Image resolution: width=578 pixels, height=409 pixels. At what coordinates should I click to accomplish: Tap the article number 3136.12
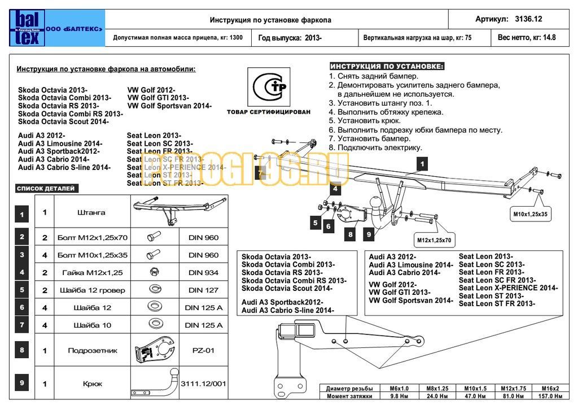(528, 19)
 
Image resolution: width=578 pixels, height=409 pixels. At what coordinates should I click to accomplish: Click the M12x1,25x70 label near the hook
(434, 240)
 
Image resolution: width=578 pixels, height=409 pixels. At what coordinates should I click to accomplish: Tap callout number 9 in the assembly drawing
(369, 234)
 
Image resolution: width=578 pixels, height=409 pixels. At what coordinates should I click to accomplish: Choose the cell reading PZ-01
(203, 350)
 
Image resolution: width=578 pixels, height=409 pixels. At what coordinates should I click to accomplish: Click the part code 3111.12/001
(203, 384)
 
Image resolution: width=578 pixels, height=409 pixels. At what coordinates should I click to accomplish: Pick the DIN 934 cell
(203, 273)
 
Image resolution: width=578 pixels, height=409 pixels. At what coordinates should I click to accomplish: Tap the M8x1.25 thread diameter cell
(437, 389)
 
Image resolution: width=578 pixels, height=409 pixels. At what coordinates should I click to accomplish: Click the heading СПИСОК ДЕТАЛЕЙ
(46, 188)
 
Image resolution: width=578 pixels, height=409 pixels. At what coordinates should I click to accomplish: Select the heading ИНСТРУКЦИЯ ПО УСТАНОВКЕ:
(387, 66)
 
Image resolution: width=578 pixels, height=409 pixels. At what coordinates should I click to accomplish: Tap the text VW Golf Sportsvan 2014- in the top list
(169, 106)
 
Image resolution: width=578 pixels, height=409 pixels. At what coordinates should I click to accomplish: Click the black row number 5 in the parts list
(22, 290)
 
